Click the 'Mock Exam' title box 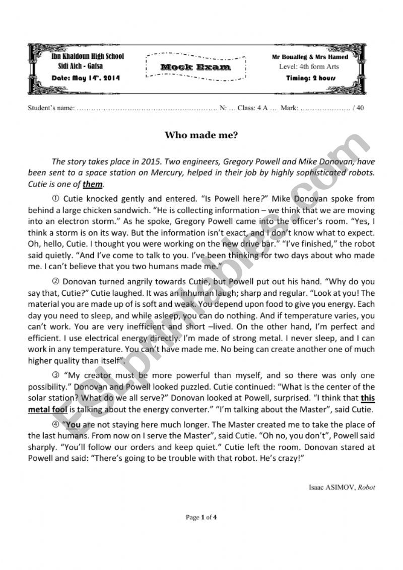point(196,67)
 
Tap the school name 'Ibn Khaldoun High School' point(88,57)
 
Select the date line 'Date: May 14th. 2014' point(86,78)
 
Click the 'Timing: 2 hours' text point(310,78)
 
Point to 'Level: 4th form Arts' point(309,66)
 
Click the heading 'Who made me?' point(201,135)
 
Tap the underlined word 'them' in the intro point(93,184)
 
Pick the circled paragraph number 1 point(55,198)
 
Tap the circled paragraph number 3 point(55,375)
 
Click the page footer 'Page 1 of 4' point(201,517)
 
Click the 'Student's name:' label point(51,108)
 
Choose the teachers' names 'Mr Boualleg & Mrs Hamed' point(310,57)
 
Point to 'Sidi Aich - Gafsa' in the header point(84,67)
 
